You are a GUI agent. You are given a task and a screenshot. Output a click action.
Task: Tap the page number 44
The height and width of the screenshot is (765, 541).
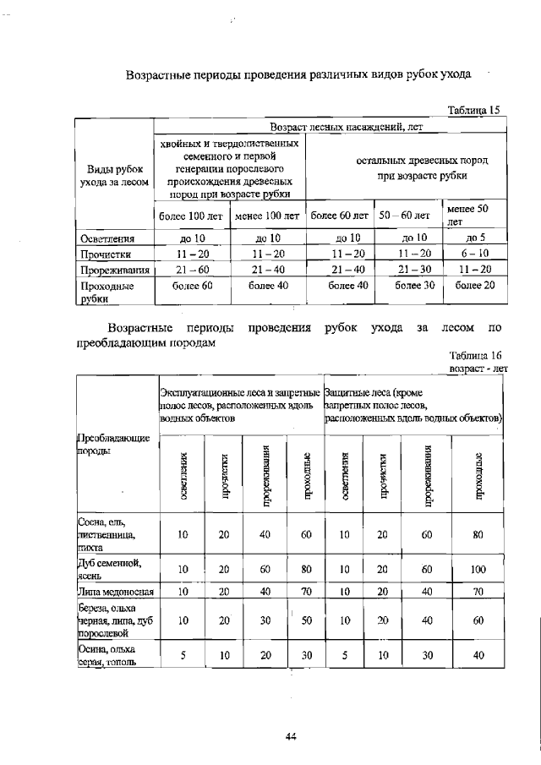(x=290, y=736)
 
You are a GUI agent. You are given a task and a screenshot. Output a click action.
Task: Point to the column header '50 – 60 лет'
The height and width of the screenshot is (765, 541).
(x=404, y=216)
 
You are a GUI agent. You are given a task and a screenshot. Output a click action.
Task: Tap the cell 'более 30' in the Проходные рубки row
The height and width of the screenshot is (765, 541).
(x=415, y=286)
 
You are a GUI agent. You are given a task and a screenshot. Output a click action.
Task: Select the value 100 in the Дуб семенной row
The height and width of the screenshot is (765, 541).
(x=478, y=570)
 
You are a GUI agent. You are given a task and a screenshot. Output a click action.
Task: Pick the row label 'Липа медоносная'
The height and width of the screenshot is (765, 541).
(x=110, y=592)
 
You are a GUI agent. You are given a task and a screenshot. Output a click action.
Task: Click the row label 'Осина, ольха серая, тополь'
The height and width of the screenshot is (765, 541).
(x=107, y=655)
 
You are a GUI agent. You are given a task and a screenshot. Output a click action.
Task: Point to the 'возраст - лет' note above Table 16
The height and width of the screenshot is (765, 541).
(x=478, y=369)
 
